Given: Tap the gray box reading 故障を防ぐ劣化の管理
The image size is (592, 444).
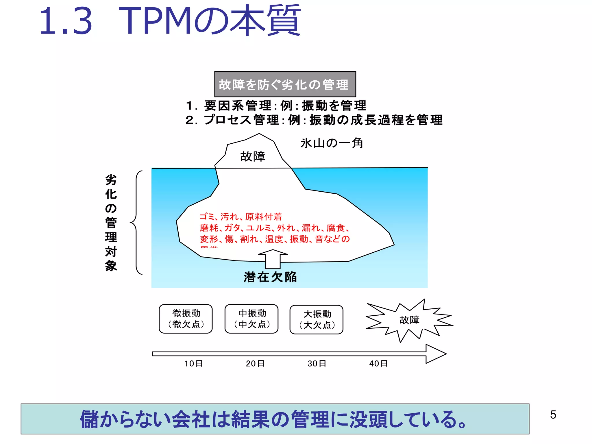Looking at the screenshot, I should click(285, 84).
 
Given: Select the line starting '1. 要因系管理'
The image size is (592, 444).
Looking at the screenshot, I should click(276, 106).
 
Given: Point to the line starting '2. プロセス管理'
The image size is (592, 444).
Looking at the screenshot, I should click(314, 120).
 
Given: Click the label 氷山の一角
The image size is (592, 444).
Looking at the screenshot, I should click(332, 143).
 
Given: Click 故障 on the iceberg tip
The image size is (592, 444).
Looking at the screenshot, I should click(253, 156).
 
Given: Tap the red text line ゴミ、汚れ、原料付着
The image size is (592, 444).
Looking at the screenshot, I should click(240, 217).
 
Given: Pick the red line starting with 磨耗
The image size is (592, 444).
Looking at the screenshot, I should click(275, 228).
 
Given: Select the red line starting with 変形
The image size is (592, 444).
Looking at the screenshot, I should click(275, 239).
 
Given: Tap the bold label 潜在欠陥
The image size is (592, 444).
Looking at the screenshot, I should click(270, 277).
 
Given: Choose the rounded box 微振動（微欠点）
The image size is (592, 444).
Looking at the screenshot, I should click(186, 319).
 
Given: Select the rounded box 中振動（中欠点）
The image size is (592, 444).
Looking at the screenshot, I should click(251, 319).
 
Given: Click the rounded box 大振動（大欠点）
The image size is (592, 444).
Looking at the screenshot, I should click(317, 319).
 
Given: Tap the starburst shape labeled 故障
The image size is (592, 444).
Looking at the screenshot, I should click(409, 320).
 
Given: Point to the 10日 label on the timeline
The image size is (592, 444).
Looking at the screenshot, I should click(194, 363).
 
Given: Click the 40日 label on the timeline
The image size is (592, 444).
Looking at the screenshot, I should click(378, 363).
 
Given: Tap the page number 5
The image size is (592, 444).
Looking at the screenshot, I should click(553, 415).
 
